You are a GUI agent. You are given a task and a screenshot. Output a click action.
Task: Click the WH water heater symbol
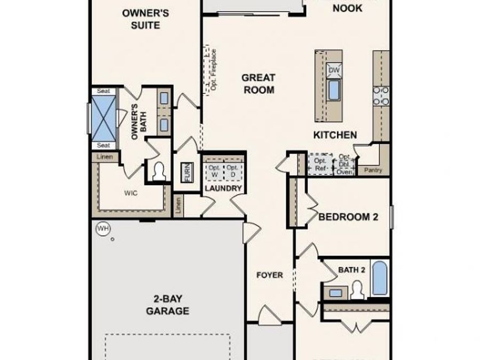[x=102, y=229]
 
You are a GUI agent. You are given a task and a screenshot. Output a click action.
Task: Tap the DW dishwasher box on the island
[x=334, y=70]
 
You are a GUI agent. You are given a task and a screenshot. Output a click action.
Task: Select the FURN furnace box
[x=187, y=172]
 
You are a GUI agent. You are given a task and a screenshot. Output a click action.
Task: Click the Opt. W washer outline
[x=214, y=171]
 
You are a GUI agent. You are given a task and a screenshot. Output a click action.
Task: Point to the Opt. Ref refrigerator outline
[x=320, y=164]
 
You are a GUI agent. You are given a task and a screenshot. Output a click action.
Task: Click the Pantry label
[x=373, y=170]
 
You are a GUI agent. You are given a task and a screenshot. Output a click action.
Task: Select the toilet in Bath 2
[x=357, y=291]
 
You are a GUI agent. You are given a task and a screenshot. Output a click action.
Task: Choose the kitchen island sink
[x=334, y=90]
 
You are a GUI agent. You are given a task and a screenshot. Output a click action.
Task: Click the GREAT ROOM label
[x=259, y=84]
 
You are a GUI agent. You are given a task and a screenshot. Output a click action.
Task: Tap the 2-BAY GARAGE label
[x=167, y=305]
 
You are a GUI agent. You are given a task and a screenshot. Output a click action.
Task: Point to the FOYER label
[x=270, y=275]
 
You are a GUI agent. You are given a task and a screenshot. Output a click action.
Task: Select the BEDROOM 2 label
[x=348, y=217]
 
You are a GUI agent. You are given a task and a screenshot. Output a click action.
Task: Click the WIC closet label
[x=131, y=193]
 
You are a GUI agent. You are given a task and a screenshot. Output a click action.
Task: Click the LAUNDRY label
[x=223, y=189]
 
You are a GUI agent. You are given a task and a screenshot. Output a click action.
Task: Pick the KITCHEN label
[x=335, y=135]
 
